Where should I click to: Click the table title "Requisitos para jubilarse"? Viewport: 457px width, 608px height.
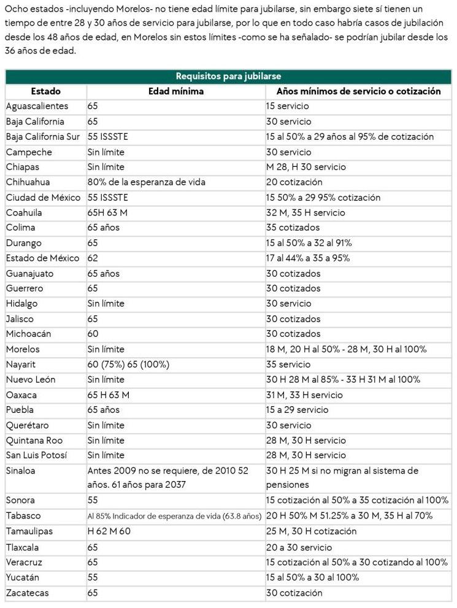click(228, 76)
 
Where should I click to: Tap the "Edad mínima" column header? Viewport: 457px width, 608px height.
click(176, 91)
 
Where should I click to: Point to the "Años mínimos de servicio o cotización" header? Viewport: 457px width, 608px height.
click(358, 91)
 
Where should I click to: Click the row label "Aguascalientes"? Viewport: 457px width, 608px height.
click(37, 106)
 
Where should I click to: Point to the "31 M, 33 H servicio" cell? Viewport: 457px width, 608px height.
click(304, 395)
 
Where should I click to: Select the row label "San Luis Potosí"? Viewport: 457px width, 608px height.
click(36, 455)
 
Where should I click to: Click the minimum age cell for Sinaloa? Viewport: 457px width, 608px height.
click(167, 478)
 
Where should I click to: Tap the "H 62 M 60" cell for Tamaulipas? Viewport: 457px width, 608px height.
click(109, 531)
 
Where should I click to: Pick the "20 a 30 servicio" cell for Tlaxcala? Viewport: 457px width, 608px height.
click(299, 547)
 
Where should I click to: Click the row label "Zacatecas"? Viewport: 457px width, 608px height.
click(27, 593)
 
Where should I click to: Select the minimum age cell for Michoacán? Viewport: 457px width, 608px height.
click(93, 334)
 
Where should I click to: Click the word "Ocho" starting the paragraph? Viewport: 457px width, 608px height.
click(15, 10)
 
